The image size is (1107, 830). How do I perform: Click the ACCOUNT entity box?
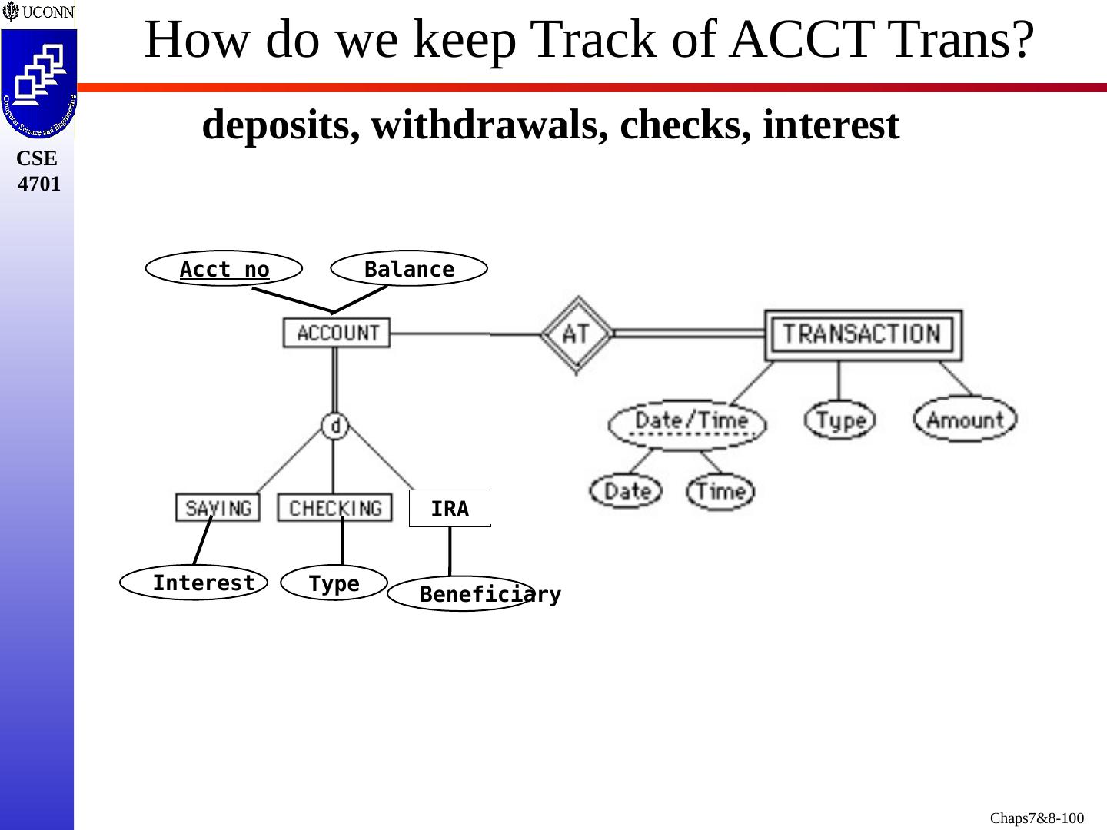coord(337,333)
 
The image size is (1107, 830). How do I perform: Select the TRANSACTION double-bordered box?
coord(863,334)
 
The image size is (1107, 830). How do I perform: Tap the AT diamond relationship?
coord(577,334)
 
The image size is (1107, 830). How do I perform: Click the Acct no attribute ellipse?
coord(224,269)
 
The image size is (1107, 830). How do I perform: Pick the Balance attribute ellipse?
coord(409,269)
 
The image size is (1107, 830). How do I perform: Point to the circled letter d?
coord(335,425)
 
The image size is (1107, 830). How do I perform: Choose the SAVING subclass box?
coord(218,508)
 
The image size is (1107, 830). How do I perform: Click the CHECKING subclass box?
coord(334,508)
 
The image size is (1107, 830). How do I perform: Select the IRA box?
coord(450,509)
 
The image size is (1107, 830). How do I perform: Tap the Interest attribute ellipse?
coord(194,583)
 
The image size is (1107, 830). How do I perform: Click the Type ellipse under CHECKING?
coord(334,583)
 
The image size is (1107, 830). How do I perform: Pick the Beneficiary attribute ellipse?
coord(461,594)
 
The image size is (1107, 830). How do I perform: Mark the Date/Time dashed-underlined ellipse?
coord(687,423)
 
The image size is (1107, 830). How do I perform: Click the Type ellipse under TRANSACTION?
coord(840,420)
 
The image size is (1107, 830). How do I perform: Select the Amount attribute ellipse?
coord(965,420)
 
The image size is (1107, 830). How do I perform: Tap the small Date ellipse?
coord(626,491)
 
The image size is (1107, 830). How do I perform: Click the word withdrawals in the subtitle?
coord(484,124)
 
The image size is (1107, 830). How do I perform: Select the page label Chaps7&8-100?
coord(1036,818)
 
